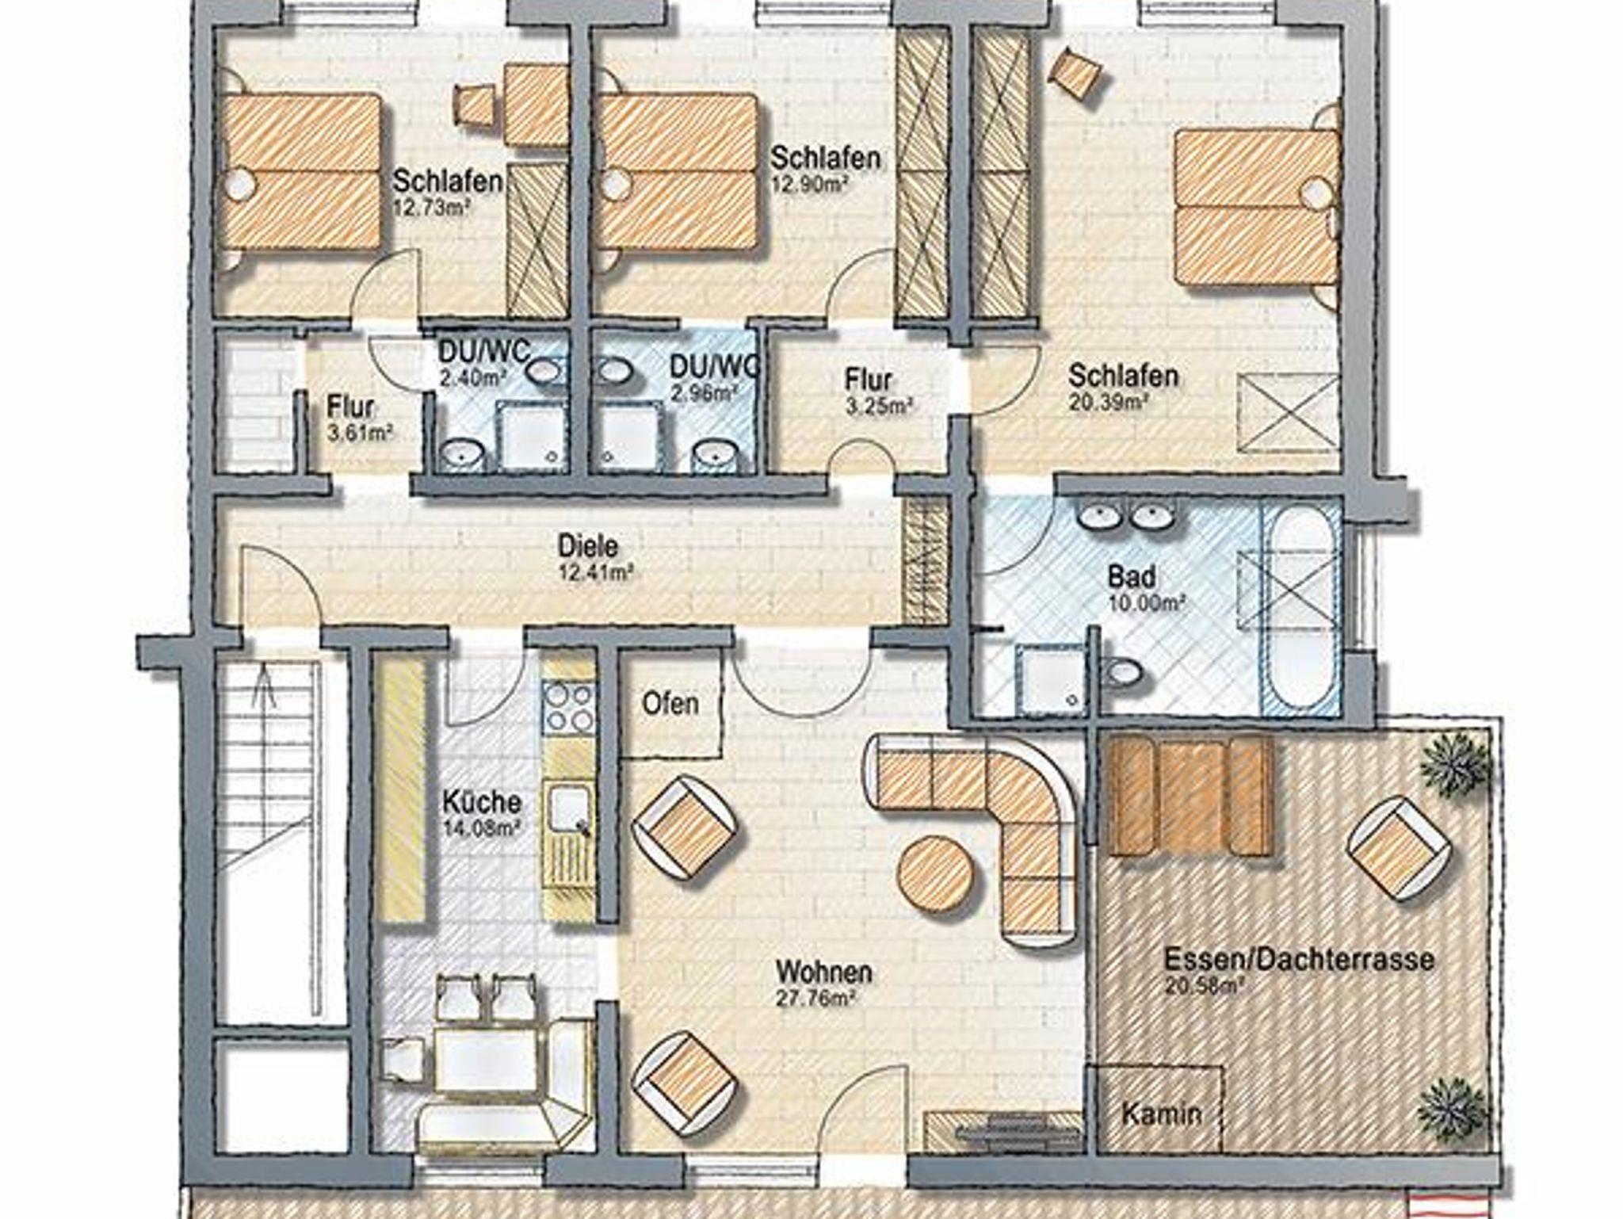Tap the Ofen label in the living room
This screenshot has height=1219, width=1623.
[670, 703]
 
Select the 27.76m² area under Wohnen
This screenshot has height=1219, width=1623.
[815, 999]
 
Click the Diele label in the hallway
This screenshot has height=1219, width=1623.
[588, 546]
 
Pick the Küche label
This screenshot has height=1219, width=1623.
[482, 802]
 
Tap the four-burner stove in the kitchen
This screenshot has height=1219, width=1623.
[568, 707]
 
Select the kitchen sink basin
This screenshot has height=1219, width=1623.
[568, 811]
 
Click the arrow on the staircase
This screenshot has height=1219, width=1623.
[264, 686]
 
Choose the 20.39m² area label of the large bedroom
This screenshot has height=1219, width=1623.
[1109, 402]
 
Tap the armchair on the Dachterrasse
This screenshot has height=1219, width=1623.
[1400, 849]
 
